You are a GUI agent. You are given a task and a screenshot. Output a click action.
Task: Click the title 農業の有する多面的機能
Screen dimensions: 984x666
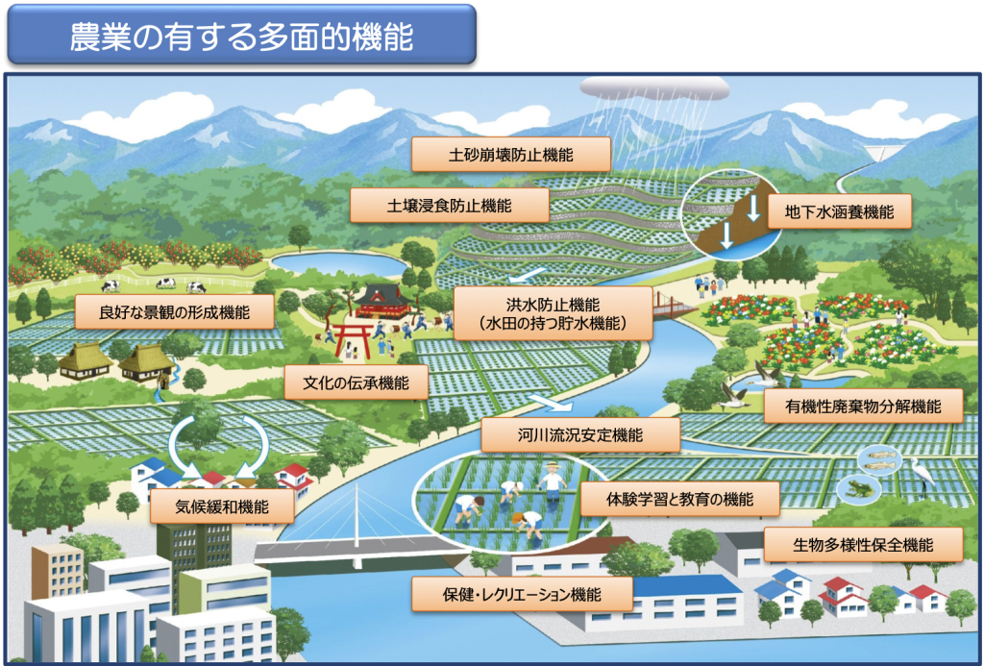point(241,36)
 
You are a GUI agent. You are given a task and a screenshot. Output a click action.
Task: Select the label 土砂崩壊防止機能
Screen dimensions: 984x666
point(511,155)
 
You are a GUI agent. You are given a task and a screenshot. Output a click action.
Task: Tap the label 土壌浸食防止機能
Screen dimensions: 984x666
point(450,206)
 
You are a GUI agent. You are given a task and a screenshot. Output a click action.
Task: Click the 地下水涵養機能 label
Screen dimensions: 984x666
point(839,211)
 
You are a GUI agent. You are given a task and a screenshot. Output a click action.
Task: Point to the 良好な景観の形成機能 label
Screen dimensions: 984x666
point(175,312)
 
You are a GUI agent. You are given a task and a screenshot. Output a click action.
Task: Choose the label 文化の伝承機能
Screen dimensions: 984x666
point(356,382)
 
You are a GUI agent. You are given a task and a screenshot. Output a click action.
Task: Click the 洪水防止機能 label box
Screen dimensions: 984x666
point(553,314)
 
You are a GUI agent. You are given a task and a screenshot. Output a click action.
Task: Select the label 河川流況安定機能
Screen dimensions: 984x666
point(580,435)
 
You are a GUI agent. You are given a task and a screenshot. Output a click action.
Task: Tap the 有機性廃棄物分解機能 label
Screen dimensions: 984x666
point(863,407)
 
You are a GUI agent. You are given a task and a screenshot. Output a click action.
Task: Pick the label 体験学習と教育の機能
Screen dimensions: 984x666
point(679,499)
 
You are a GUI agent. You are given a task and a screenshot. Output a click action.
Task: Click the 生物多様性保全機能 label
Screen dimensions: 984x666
point(863,544)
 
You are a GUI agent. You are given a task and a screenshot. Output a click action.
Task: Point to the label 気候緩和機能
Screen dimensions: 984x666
point(222,506)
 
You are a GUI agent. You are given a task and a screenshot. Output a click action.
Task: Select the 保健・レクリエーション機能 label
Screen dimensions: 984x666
point(522,595)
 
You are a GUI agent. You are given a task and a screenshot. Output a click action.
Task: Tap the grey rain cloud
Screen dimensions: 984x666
point(654,88)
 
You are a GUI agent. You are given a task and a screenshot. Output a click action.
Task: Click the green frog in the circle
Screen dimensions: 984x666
point(856,488)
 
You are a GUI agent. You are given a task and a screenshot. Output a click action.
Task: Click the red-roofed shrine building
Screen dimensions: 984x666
point(382,302)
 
